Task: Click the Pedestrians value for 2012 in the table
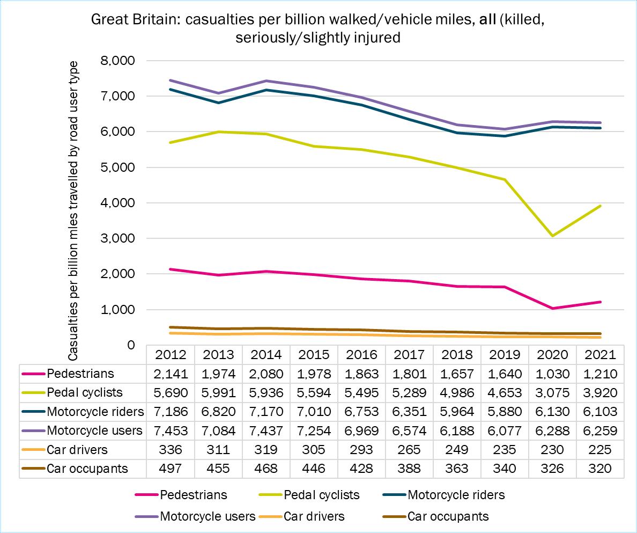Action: tap(171, 373)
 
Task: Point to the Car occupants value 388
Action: tap(409, 468)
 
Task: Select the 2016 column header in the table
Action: tap(361, 354)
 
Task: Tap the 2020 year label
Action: tap(552, 354)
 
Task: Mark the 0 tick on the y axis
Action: tap(130, 345)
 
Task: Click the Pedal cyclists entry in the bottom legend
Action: tap(321, 494)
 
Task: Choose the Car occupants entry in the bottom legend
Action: tap(448, 516)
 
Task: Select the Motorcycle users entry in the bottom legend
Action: tap(208, 516)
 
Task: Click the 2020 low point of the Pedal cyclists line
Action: tap(552, 236)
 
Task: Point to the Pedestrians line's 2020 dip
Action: tap(552, 308)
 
